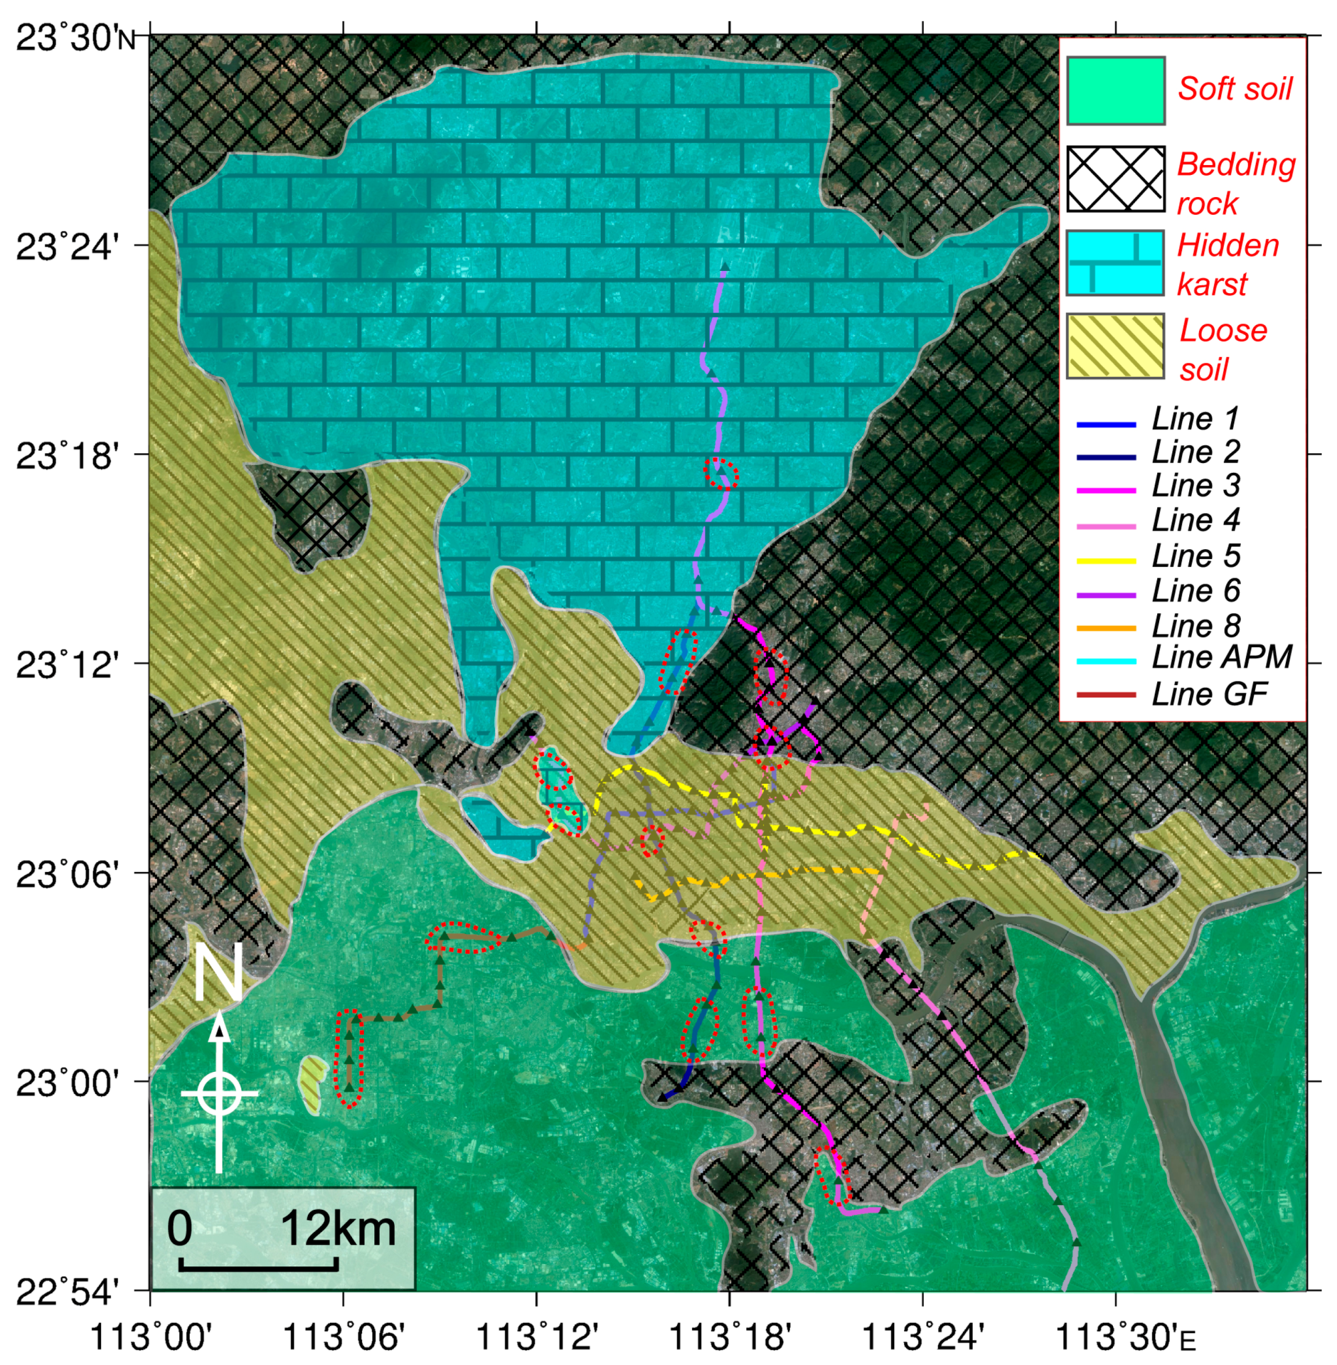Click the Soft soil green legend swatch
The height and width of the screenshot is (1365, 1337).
(x=1115, y=91)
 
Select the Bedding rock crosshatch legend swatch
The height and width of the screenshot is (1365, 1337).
(x=1115, y=179)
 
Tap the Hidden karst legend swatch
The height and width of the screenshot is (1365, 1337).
(x=1115, y=262)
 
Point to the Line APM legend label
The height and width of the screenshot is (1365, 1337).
(x=1222, y=657)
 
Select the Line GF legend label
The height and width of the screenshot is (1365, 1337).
(x=1209, y=694)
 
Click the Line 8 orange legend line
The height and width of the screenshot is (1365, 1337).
(x=1106, y=628)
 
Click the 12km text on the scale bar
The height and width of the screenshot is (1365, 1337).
(x=339, y=1230)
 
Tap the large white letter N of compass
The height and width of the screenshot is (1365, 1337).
(x=219, y=973)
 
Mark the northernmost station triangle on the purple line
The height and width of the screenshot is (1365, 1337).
(x=725, y=267)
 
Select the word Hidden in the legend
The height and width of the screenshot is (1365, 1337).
(x=1227, y=245)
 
